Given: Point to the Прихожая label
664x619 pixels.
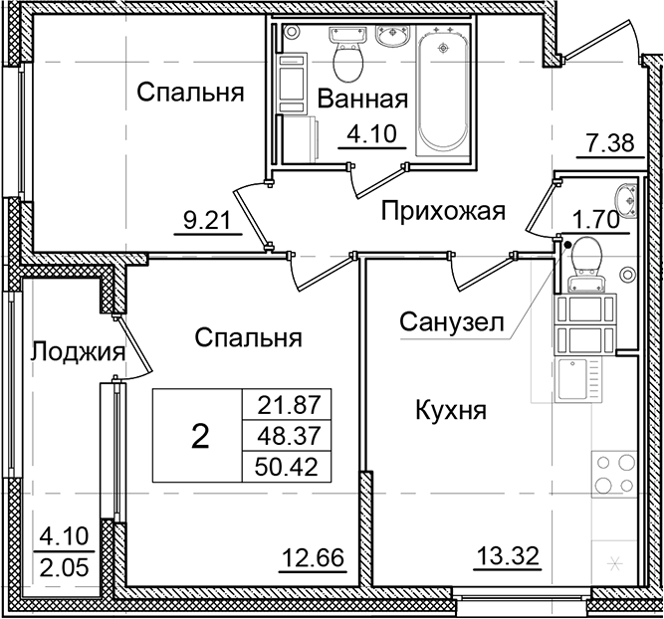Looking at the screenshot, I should coord(444,210).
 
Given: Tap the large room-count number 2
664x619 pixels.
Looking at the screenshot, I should coord(199,436).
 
